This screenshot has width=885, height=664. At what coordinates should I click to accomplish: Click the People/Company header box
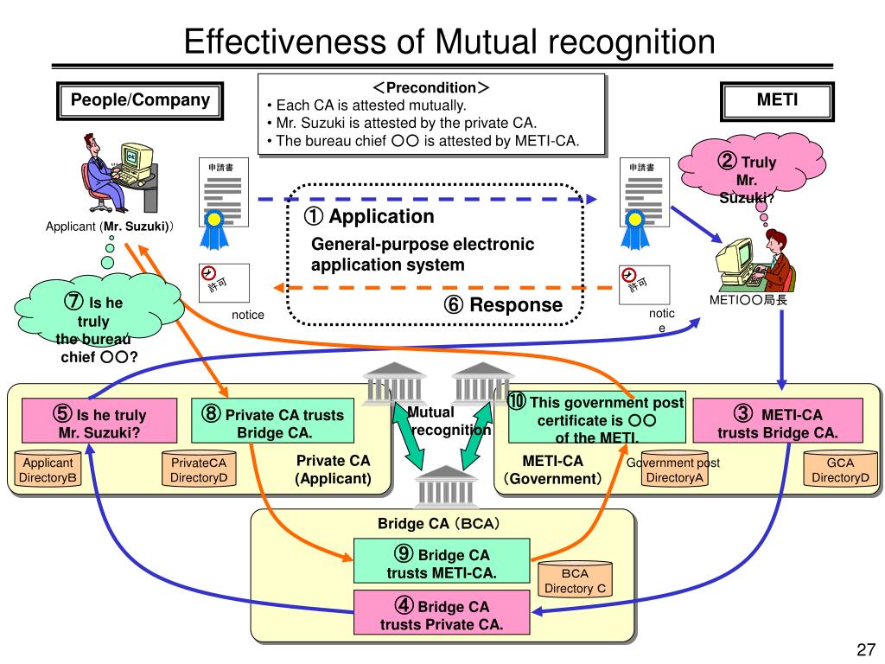pyautogui.click(x=140, y=100)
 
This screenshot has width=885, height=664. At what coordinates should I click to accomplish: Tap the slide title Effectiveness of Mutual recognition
pyautogui.click(x=450, y=42)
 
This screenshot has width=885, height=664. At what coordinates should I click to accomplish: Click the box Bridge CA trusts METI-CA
pyautogui.click(x=441, y=563)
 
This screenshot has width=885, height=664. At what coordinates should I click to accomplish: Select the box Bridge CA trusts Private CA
pyautogui.click(x=441, y=615)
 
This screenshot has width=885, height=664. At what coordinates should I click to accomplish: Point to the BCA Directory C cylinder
pyautogui.click(x=576, y=581)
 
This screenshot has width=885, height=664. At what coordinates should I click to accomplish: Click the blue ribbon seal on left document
pyautogui.click(x=213, y=227)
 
